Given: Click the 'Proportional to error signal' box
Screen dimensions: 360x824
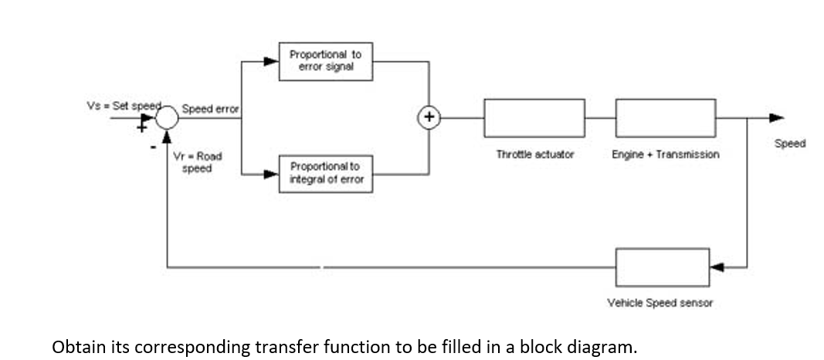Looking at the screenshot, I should tap(325, 61).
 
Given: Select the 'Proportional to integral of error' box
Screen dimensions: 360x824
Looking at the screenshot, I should tap(325, 173).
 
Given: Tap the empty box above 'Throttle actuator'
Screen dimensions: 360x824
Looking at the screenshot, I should tap(534, 118).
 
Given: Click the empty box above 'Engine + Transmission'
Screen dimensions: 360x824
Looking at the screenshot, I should tap(665, 118).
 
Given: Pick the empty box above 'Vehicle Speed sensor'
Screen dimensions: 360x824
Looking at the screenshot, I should tap(662, 267).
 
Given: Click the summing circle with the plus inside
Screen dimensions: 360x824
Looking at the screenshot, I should tap(429, 118).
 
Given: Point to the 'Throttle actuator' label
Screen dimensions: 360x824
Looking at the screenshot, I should tap(534, 155).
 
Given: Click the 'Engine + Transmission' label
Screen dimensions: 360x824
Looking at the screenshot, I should tap(665, 155).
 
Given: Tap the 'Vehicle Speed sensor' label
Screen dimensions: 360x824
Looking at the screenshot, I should tap(660, 303).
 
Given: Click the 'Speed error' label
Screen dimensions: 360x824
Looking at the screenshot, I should tap(211, 109).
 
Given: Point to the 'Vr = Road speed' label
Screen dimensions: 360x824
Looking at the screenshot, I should tap(198, 162).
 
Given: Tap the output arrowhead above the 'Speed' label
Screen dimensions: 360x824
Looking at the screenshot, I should tap(775, 118).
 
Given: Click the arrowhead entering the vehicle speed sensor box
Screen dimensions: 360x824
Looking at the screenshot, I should tap(717, 267).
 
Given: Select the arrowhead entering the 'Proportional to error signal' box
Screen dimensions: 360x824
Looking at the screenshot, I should tap(271, 61).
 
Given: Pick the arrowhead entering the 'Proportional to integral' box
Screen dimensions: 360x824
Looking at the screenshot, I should tap(271, 174).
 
